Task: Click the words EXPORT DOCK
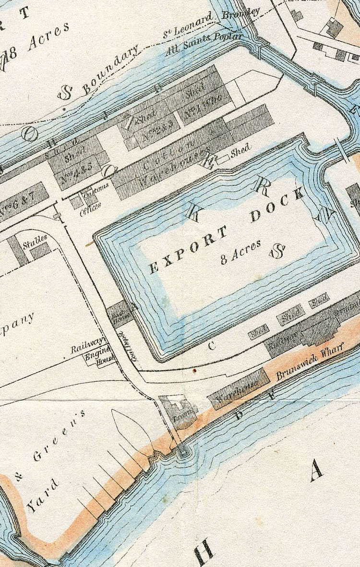226,230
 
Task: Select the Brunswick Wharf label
311,364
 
